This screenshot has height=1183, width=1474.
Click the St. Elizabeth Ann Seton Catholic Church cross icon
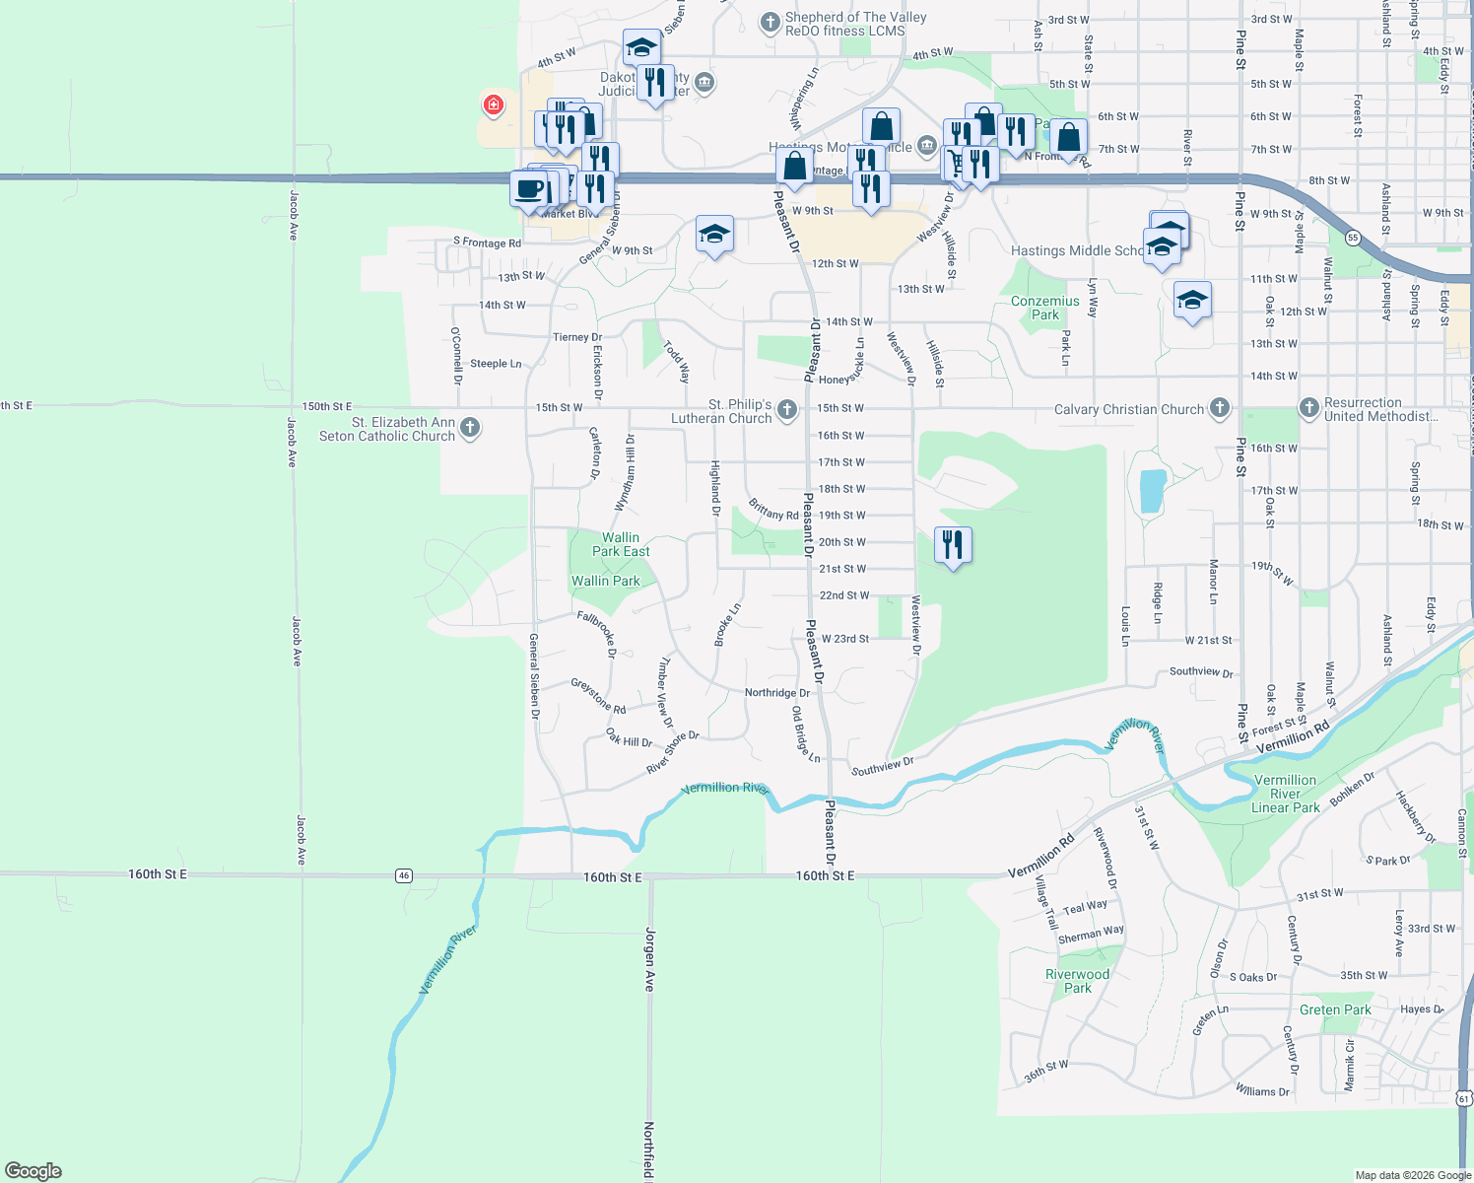[x=470, y=428]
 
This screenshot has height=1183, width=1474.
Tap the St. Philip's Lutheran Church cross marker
[x=786, y=410]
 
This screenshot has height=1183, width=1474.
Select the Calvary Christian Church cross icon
[x=1220, y=408]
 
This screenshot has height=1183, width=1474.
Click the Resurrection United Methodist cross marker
[x=1308, y=408]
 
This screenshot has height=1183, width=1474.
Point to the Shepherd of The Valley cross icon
[x=770, y=22]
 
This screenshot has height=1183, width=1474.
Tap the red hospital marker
[x=493, y=104]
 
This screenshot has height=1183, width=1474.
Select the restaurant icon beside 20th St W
[x=952, y=544]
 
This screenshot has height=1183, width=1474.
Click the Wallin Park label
[x=606, y=581]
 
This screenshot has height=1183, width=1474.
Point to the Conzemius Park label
[x=1044, y=308]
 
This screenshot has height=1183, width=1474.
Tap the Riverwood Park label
[x=1077, y=980]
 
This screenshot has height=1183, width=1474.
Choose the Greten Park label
[x=1335, y=1009]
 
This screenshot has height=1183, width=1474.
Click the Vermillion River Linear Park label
[x=1285, y=794]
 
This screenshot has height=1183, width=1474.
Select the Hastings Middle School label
[x=1076, y=250]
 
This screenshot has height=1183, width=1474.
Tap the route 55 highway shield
[x=1353, y=238]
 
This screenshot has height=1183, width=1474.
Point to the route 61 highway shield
[x=1464, y=1098]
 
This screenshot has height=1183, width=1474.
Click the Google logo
[x=33, y=1171]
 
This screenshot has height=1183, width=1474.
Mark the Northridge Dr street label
[x=776, y=693]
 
